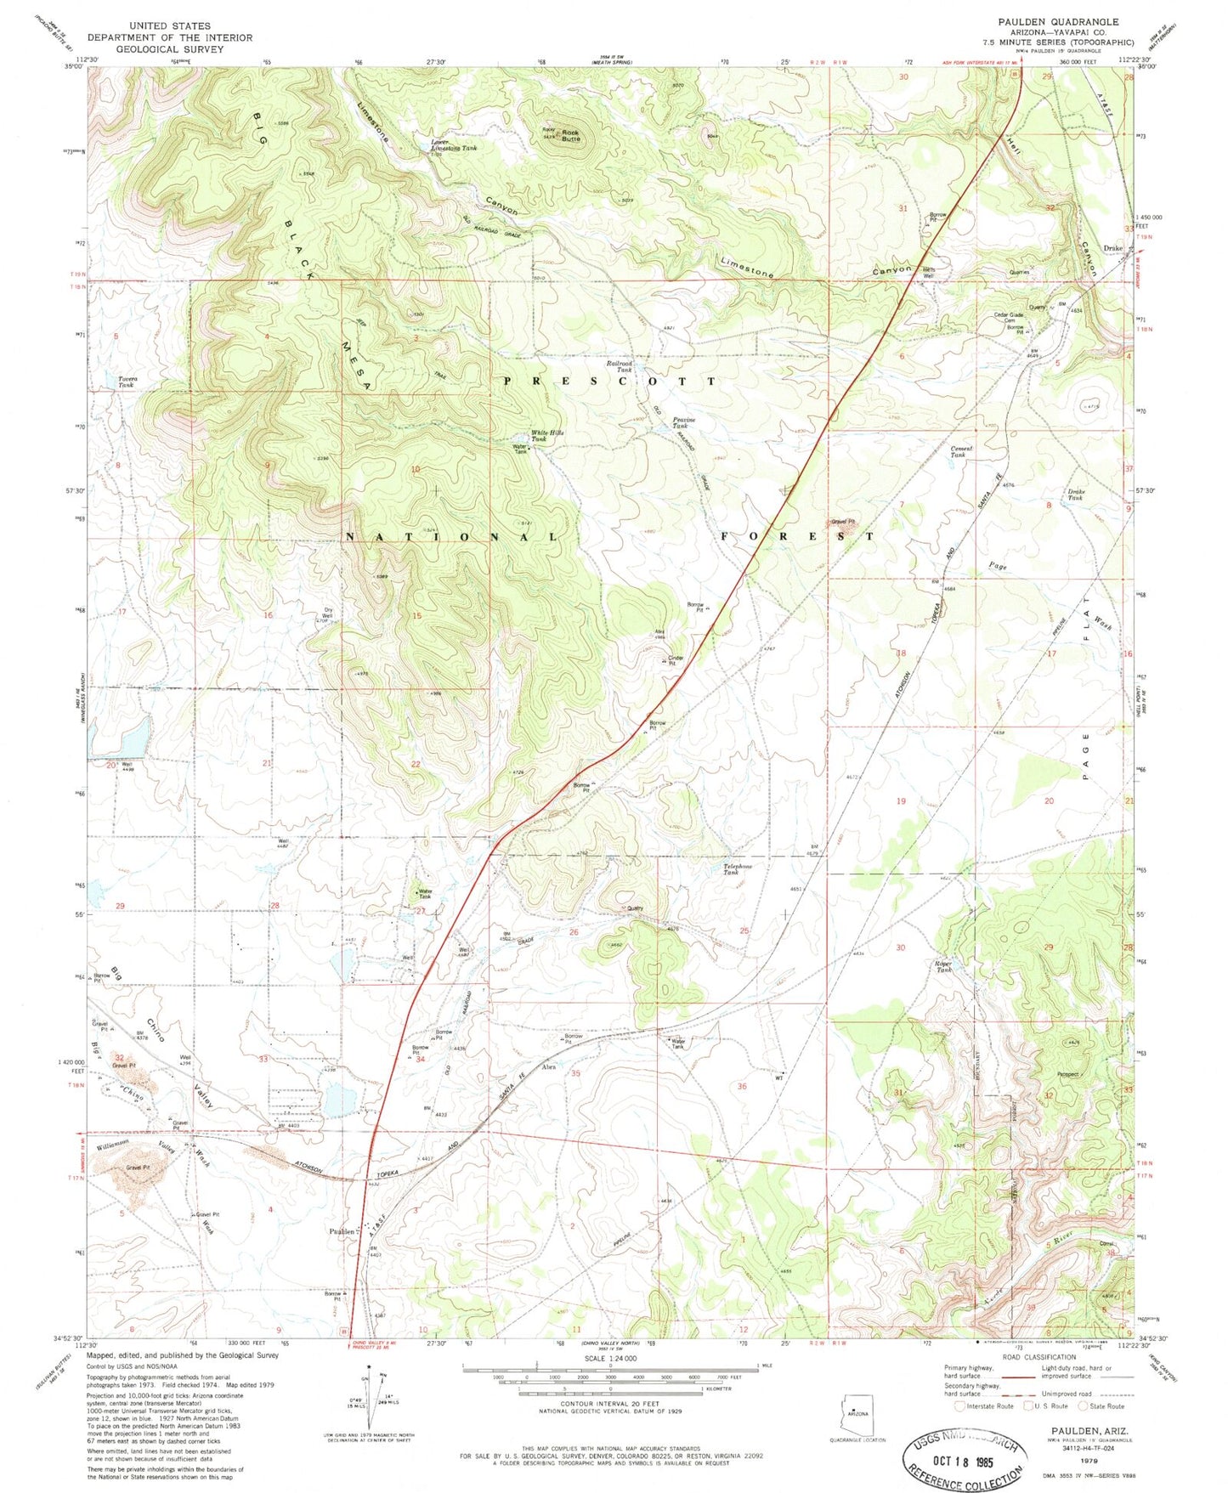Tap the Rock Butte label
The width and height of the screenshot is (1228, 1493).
pos(570,135)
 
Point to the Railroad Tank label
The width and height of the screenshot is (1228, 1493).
pos(620,367)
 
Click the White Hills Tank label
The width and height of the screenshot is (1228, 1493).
pos(546,435)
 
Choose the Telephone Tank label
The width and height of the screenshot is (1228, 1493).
pos(737,868)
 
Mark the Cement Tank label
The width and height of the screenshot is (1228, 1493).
pos(961,451)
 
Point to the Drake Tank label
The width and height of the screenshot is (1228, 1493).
pos(1075,495)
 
